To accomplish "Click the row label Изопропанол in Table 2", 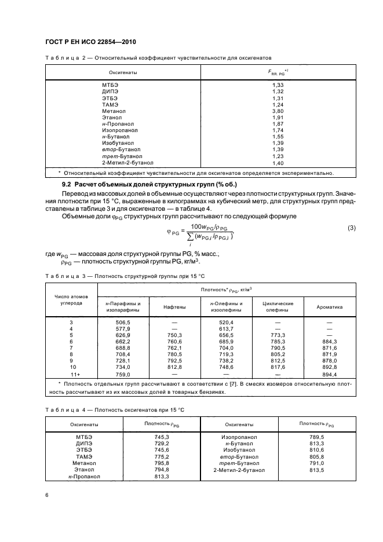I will (x=118, y=130).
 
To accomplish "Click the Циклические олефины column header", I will (x=278, y=307).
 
